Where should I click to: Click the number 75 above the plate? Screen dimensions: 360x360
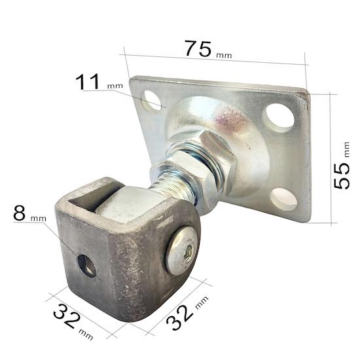(198, 48)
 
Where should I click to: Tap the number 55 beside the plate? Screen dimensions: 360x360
(342, 176)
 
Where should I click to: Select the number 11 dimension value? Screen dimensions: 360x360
(88, 82)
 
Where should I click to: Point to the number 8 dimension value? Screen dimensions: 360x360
(19, 213)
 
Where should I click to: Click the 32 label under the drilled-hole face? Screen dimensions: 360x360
(67, 315)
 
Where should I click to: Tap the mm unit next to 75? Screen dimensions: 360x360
(224, 56)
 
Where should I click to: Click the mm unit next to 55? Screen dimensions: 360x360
(347, 149)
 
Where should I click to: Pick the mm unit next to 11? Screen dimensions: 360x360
(115, 86)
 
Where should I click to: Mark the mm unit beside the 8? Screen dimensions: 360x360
(39, 219)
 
